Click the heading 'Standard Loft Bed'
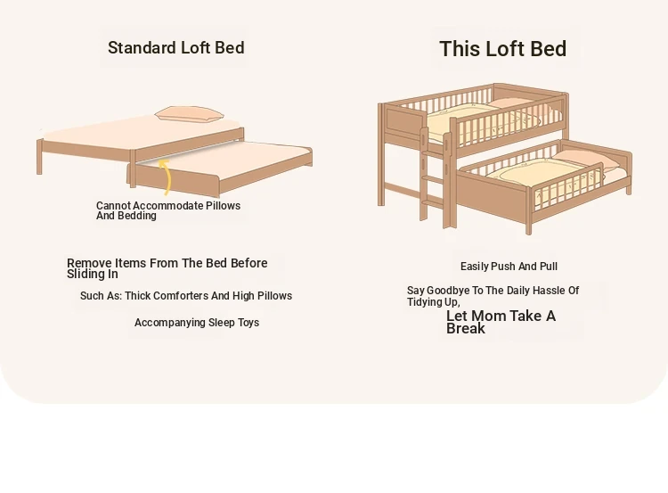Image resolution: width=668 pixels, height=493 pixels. tap(176, 48)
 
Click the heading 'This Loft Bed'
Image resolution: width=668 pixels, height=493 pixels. tap(502, 49)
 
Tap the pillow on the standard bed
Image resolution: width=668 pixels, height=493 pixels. tap(189, 114)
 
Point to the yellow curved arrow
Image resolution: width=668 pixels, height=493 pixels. tap(167, 177)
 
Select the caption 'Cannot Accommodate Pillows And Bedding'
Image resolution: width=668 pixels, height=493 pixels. tap(168, 210)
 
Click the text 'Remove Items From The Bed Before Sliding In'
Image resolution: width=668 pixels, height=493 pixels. tap(167, 268)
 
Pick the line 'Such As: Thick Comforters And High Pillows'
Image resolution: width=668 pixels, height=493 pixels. tap(186, 296)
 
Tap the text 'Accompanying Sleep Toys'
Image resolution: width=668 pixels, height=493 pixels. tap(197, 323)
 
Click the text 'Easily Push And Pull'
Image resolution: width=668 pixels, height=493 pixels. tap(509, 267)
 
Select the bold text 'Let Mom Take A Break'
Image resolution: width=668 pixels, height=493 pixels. tap(501, 322)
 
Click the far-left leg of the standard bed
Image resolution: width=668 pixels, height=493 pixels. tap(39, 157)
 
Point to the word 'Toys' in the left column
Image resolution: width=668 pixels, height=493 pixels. tap(248, 323)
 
